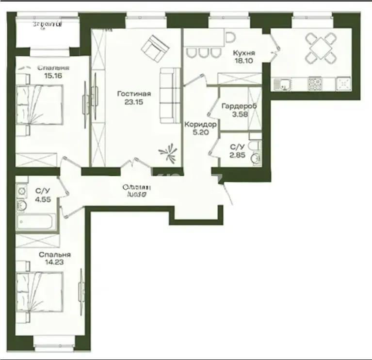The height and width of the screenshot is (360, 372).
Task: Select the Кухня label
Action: pyautogui.click(x=244, y=53)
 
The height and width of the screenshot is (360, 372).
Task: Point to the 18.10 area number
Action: pyautogui.click(x=244, y=61)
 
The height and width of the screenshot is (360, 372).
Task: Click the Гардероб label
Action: pyautogui.click(x=239, y=106)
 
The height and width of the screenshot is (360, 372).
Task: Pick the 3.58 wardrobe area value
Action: pyautogui.click(x=239, y=114)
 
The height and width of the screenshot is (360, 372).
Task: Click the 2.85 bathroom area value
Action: pyautogui.click(x=238, y=155)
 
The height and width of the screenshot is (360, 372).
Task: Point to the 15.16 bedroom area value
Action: pyautogui.click(x=53, y=76)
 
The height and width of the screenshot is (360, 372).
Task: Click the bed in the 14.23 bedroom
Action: pyautogui.click(x=40, y=291)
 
